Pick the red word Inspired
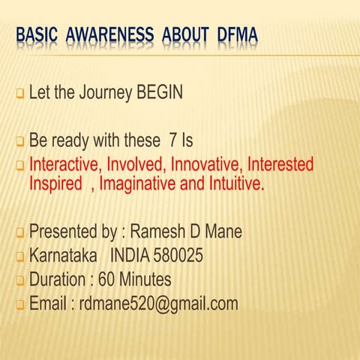pyautogui.click(x=56, y=183)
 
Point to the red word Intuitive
pyautogui.click(x=235, y=183)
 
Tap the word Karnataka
pyautogui.click(x=63, y=256)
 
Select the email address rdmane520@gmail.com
pyautogui.click(x=159, y=304)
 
